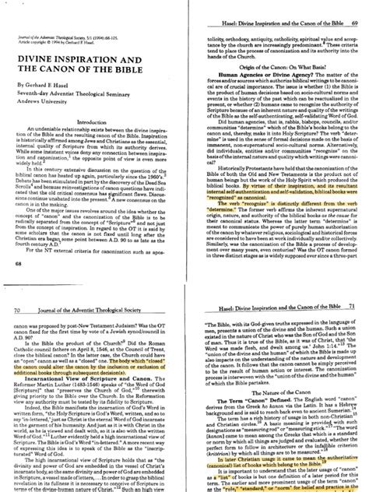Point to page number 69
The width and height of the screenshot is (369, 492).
click(x=355, y=6)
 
